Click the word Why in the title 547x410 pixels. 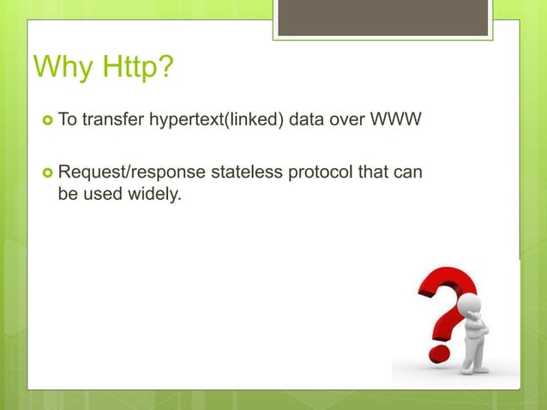62,67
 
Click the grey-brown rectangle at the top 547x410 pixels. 384,17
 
